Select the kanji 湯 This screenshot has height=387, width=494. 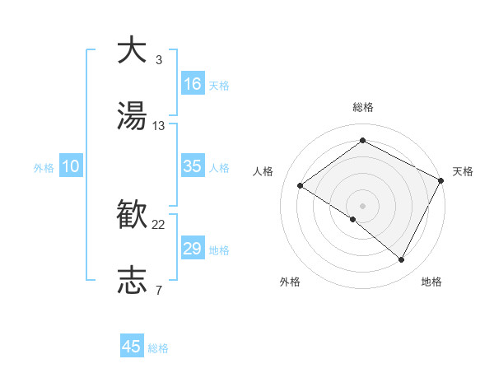point(133,116)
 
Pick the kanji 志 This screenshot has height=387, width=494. point(133,280)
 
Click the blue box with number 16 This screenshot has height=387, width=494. point(193,84)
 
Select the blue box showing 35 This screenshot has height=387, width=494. point(193,166)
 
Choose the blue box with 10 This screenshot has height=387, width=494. point(71,166)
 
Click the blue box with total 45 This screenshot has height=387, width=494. point(132,347)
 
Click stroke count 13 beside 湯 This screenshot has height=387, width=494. point(159,126)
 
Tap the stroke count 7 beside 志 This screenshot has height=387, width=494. point(158,290)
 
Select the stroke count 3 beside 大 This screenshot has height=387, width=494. point(158,60)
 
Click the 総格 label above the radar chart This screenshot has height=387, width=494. point(363,107)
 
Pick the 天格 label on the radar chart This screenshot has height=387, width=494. point(463,171)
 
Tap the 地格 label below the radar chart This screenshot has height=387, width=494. point(431,282)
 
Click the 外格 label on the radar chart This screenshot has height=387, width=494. point(290,282)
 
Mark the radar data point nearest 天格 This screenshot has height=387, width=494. point(441,180)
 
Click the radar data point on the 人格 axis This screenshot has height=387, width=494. point(301,185)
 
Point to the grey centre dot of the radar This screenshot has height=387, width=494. point(362,205)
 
